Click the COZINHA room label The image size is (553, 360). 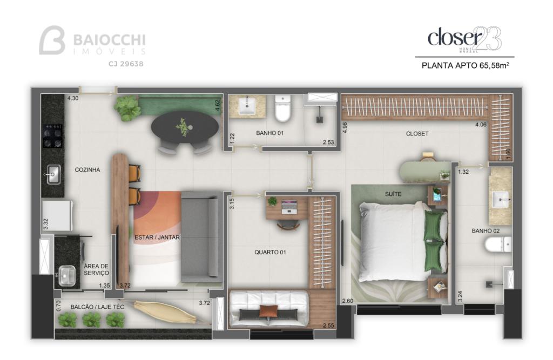pyautogui.click(x=87, y=169)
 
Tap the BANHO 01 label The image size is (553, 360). pyautogui.click(x=270, y=133)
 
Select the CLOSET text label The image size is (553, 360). pyautogui.click(x=417, y=134)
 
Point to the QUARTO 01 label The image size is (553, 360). pyautogui.click(x=270, y=252)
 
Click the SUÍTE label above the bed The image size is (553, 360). pyautogui.click(x=393, y=194)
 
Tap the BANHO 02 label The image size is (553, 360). pyautogui.click(x=485, y=230)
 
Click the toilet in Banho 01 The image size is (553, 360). pyautogui.click(x=282, y=108)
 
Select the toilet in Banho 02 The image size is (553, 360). pyautogui.click(x=497, y=244)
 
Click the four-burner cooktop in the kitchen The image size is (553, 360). pyautogui.click(x=53, y=136)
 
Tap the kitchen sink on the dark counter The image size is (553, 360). pyautogui.click(x=53, y=174)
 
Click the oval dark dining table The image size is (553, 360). pyautogui.click(x=185, y=127)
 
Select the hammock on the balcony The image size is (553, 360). pyautogui.click(x=164, y=312)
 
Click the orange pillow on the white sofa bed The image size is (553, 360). pyautogui.click(x=269, y=311)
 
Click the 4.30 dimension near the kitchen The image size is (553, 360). pyautogui.click(x=73, y=98)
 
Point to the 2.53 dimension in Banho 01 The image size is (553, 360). pyautogui.click(x=328, y=142)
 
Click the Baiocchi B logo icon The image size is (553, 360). pyautogui.click(x=52, y=40)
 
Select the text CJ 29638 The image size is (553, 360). pyautogui.click(x=125, y=64)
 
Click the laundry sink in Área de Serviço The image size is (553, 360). pyautogui.click(x=66, y=276)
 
